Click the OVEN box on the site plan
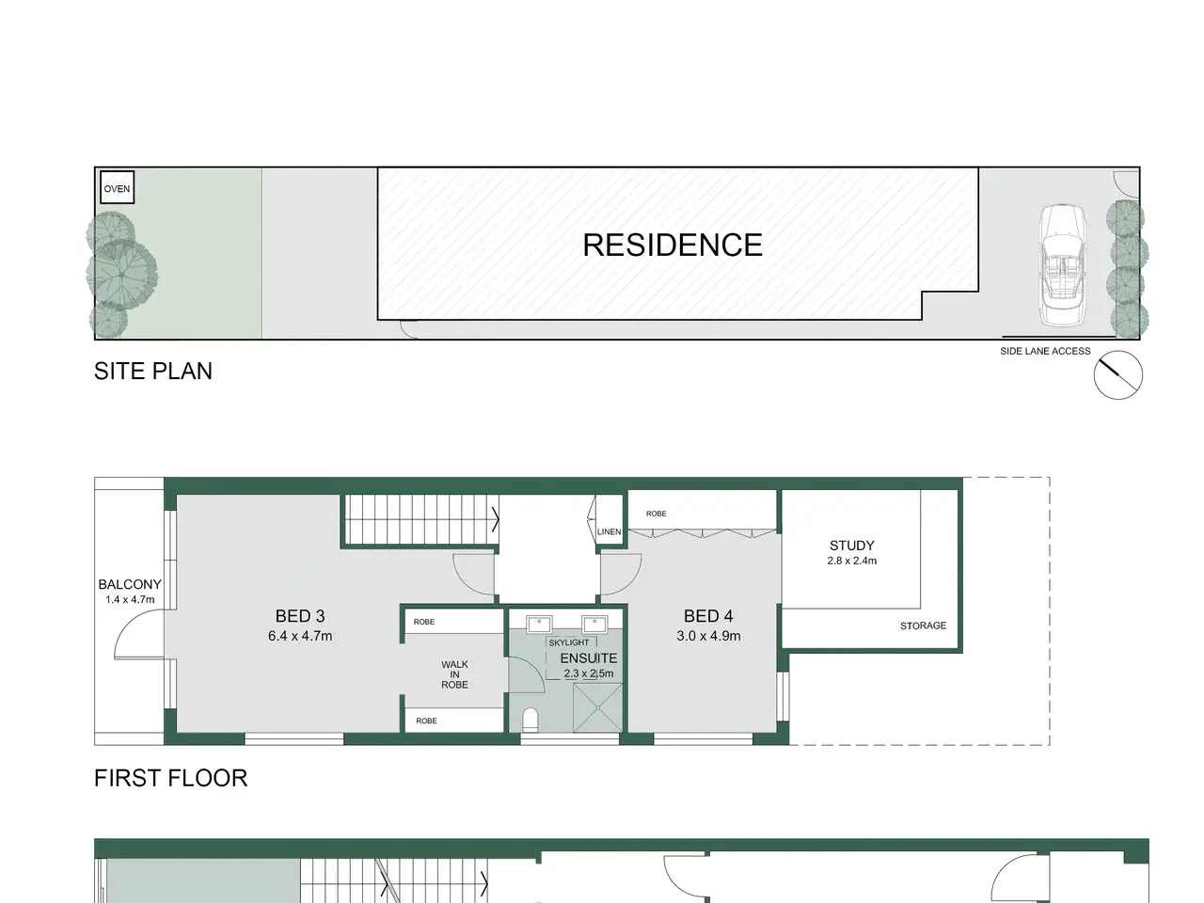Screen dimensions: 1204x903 [x=117, y=187]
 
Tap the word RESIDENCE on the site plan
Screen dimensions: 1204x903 [x=673, y=245]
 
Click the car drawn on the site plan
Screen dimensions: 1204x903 [x=1063, y=265]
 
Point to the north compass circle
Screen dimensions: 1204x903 [x=1117, y=375]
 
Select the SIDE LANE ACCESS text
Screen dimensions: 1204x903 [x=1045, y=351]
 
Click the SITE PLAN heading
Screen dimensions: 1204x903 [x=153, y=372]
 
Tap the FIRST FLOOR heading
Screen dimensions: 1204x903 [x=170, y=778]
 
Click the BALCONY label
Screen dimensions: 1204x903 [x=130, y=584]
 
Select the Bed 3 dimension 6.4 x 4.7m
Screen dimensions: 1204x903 [x=300, y=636]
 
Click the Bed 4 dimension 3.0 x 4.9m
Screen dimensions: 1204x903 [x=708, y=636]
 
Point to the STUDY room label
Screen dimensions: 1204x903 [x=852, y=546]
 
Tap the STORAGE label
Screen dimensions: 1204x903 [x=923, y=626]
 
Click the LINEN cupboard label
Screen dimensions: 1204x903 [x=609, y=531]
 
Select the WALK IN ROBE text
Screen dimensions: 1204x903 [x=454, y=674]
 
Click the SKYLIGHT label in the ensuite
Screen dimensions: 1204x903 [x=569, y=642]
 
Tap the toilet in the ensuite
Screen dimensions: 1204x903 [x=531, y=720]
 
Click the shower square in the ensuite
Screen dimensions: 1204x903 [x=598, y=707]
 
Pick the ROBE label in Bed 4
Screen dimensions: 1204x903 [x=656, y=514]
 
